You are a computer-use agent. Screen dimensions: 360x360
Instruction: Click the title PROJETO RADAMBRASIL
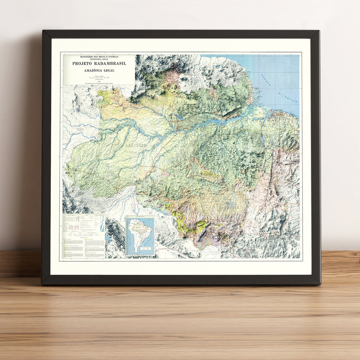(x=99, y=63)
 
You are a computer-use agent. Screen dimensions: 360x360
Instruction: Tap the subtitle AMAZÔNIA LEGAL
(x=99, y=71)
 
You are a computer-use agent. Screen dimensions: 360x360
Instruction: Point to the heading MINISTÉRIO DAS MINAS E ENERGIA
(x=99, y=57)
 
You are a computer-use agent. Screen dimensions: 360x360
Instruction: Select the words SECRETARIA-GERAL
(x=99, y=60)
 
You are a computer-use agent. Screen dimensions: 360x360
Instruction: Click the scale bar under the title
(x=99, y=77)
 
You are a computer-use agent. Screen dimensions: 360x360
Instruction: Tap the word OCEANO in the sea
(x=266, y=80)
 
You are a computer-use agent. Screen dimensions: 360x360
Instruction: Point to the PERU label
(x=80, y=129)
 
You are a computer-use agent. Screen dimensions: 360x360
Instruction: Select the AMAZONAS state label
(x=136, y=145)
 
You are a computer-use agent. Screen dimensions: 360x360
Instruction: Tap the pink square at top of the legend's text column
(x=86, y=239)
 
